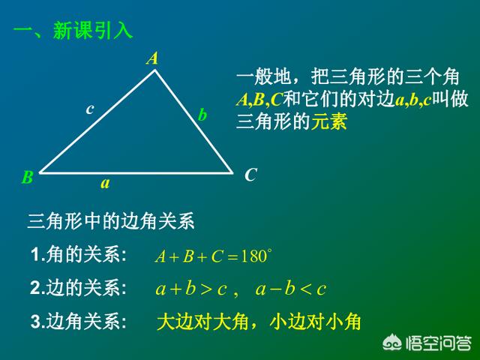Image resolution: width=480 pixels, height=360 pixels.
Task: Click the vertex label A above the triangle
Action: (152, 58)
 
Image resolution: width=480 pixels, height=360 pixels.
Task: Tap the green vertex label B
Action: (28, 177)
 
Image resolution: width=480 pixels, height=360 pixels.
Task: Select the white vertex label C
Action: (250, 175)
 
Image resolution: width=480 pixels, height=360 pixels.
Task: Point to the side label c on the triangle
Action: (90, 109)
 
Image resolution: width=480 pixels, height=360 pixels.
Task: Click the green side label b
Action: (202, 115)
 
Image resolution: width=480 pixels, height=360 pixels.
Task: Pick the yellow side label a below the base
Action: (105, 183)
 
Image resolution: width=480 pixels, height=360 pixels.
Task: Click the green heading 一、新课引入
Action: (73, 31)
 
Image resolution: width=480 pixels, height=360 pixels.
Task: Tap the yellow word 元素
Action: (329, 121)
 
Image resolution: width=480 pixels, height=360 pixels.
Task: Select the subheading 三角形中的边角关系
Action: (111, 221)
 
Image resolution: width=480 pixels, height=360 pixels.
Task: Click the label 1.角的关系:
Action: (79, 254)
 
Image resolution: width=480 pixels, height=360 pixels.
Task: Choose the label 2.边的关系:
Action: (79, 288)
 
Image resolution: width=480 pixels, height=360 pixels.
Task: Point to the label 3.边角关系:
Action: (79, 322)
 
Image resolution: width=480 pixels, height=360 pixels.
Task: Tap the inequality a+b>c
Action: (191, 289)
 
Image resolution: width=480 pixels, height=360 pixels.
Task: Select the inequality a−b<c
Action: (291, 289)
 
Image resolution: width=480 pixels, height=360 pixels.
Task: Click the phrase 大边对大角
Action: (202, 322)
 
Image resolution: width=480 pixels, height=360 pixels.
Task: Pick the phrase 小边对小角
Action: (315, 322)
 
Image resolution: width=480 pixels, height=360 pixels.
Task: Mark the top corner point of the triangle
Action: (155, 70)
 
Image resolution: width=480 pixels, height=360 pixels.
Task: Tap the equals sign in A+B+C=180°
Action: (232, 257)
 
